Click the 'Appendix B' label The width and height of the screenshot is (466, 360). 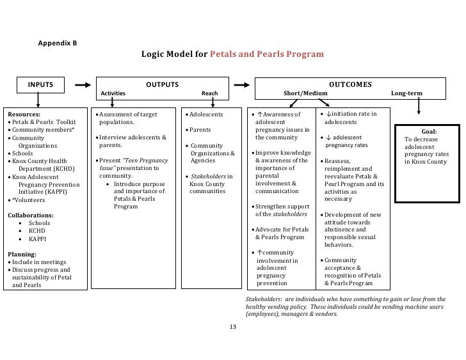click(58, 43)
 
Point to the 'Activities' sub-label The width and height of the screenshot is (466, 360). click(113, 94)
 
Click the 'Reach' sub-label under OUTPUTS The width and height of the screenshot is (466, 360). click(209, 94)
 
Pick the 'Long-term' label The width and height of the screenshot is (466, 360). click(406, 94)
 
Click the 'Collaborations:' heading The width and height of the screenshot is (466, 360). click(30, 215)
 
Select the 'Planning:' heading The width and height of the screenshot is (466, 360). click(21, 254)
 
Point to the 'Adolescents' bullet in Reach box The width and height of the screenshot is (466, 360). click(205, 114)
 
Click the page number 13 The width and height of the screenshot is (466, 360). click(232, 327)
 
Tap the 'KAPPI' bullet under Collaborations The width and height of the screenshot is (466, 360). click(36, 239)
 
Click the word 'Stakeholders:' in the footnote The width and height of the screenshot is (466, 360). click(266, 299)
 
